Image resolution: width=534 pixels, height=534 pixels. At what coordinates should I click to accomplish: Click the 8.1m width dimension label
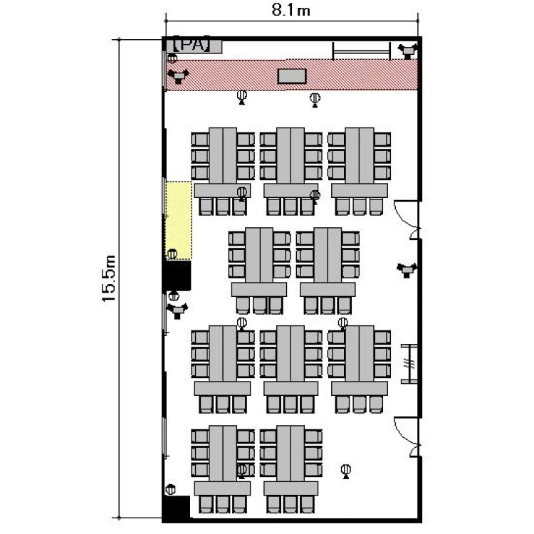[x=290, y=10]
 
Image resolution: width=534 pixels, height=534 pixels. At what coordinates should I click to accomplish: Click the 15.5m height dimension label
[x=110, y=278]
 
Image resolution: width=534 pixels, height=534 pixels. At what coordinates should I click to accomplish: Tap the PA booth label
[x=192, y=44]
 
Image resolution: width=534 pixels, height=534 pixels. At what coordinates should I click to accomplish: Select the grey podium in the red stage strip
[x=292, y=76]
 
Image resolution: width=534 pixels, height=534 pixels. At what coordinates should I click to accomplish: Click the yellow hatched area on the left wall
[x=179, y=220]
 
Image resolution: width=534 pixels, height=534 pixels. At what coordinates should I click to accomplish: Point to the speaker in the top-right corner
[x=407, y=51]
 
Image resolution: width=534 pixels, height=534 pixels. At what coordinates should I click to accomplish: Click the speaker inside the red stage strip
[x=178, y=76]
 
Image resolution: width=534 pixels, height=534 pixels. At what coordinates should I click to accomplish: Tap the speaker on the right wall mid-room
[x=407, y=270]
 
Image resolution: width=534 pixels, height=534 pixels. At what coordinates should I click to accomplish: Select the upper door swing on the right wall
[x=407, y=219]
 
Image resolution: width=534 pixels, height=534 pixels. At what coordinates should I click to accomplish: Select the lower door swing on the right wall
[x=407, y=436]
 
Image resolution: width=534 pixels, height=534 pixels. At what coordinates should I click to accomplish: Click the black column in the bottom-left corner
[x=176, y=508]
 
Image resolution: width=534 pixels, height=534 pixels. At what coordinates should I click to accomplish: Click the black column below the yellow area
[x=177, y=275]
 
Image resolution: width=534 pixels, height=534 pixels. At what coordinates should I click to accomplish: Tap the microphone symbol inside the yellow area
[x=172, y=254]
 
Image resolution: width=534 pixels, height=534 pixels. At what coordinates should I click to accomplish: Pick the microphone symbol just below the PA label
[x=172, y=58]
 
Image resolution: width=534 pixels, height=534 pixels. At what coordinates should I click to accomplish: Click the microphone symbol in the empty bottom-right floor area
[x=345, y=471]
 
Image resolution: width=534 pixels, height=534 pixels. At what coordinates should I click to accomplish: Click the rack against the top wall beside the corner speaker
[x=361, y=51]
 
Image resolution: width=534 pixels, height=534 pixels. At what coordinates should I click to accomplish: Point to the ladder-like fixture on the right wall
[x=409, y=364]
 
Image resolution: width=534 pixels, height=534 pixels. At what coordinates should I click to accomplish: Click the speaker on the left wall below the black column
[x=177, y=310]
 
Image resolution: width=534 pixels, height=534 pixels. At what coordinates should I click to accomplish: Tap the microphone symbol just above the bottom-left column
[x=171, y=490]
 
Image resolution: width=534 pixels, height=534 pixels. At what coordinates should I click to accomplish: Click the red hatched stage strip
[x=291, y=75]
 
